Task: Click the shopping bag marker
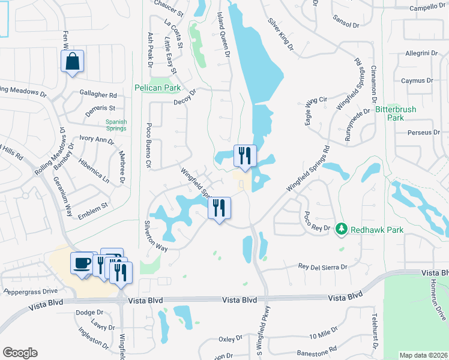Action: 72,61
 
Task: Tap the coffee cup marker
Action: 82,263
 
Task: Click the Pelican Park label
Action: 157,88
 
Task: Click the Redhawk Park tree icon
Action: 342,229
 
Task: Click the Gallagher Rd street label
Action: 98,95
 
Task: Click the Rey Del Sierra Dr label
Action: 323,266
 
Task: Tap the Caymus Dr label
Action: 417,80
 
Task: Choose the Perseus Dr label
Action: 419,133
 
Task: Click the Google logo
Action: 20,353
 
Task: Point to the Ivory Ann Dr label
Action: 97,140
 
